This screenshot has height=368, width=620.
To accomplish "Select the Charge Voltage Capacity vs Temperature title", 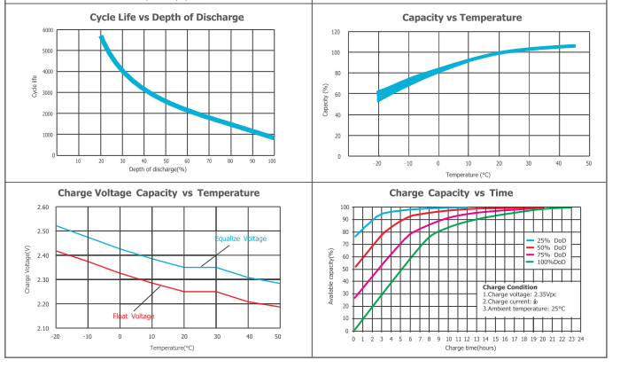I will point(159,192).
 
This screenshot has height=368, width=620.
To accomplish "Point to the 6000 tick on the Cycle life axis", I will point(48,30).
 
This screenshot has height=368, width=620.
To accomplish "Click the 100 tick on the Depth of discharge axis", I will point(272,161).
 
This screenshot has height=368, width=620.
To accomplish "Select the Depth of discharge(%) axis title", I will point(157,168).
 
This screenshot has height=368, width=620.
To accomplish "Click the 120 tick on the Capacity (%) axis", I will point(336,32).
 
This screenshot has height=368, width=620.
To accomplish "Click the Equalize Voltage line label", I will point(242,239).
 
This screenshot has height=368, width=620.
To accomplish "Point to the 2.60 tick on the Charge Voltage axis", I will point(43,207).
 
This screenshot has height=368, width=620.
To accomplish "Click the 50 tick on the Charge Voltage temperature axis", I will point(278,337).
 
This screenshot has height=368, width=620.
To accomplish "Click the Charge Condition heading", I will point(511,287).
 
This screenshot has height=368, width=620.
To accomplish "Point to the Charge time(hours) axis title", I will point(467,348).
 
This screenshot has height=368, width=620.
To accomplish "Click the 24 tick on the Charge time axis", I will point(581,339).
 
